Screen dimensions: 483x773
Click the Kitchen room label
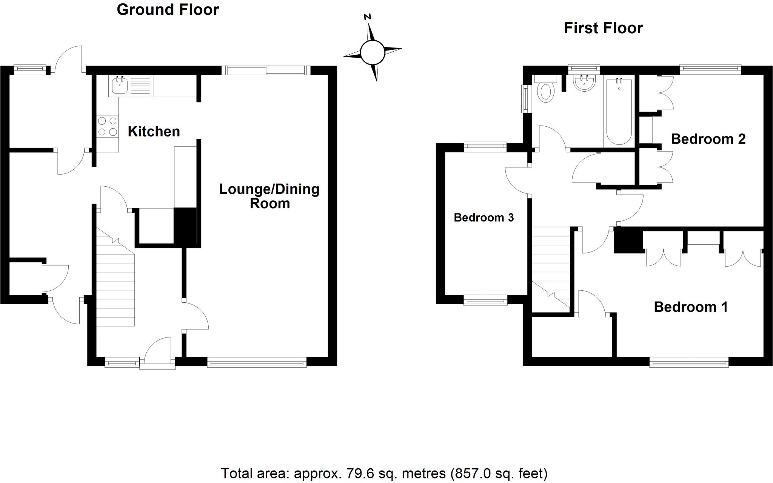[x=154, y=132]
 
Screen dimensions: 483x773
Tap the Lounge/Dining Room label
[x=269, y=196]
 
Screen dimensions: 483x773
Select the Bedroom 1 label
[x=690, y=307]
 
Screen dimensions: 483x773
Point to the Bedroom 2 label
[x=708, y=139]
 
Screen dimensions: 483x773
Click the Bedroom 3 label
[x=484, y=218]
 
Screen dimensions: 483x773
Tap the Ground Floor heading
[x=168, y=10]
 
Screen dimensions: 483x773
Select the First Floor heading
[x=603, y=28]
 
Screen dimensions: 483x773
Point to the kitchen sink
[x=120, y=86]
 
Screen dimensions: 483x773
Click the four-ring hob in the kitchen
[x=107, y=126]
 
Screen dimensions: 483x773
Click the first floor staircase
[x=550, y=268]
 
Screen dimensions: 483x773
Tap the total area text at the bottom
[x=384, y=473]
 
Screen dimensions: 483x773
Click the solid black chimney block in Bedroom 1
[x=628, y=241]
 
